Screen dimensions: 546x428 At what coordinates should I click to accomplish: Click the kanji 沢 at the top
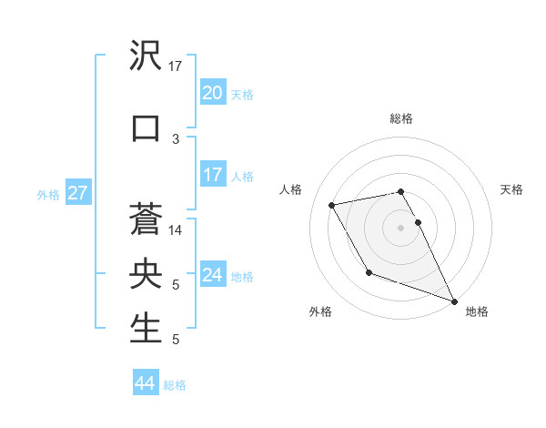[146, 56]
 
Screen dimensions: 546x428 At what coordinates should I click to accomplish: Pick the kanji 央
[146, 274]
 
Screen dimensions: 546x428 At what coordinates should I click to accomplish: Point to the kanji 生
[146, 329]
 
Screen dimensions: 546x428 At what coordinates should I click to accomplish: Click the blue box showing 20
[212, 93]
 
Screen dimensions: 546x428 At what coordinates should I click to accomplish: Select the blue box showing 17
[212, 175]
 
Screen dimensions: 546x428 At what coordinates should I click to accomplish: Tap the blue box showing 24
[212, 275]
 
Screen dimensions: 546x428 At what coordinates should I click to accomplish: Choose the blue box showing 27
[77, 193]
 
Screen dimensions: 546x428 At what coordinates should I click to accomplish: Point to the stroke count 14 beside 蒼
[176, 230]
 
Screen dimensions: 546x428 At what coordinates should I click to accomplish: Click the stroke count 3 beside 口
[176, 138]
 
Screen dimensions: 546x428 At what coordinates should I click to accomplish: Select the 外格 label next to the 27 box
[48, 194]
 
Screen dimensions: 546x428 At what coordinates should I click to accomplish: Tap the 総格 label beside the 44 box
[175, 385]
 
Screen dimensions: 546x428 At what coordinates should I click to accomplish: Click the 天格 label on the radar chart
[512, 189]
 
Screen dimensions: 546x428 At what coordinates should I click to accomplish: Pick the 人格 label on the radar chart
[291, 189]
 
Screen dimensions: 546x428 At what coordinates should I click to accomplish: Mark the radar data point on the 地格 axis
[454, 301]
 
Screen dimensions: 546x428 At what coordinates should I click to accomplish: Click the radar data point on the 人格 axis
[332, 204]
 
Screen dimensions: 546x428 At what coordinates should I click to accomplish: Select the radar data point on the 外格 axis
[369, 272]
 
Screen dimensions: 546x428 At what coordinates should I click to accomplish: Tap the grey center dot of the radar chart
[401, 227]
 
